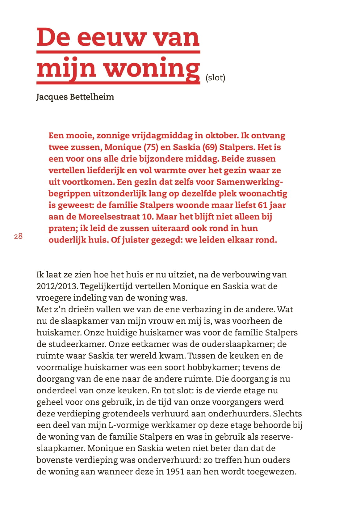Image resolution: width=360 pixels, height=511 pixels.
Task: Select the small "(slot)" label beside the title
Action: pyautogui.click(x=215, y=78)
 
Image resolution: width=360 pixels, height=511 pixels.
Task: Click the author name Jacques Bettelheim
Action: pyautogui.click(x=75, y=97)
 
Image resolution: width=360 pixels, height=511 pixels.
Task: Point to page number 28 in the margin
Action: pyautogui.click(x=18, y=236)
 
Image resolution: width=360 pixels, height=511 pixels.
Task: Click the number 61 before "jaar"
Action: pyautogui.click(x=262, y=205)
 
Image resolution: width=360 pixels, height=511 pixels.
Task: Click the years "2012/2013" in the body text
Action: pyautogui.click(x=57, y=286)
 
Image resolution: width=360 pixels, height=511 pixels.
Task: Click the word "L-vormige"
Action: pyautogui.click(x=128, y=425)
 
